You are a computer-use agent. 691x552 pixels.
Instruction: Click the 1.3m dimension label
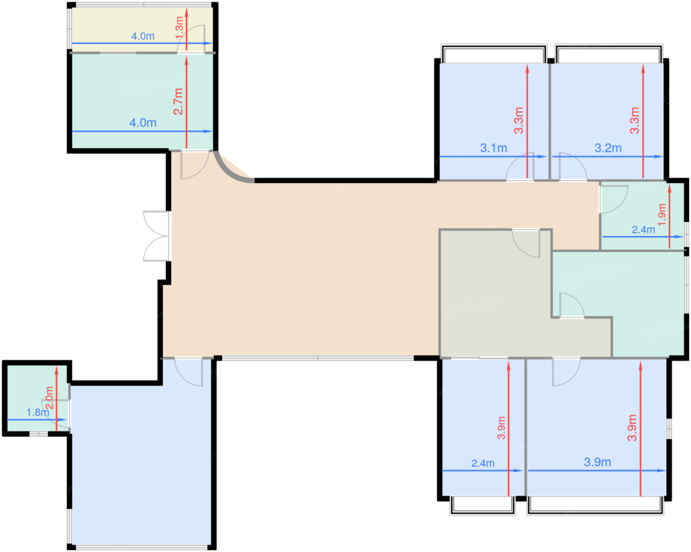pyautogui.click(x=179, y=28)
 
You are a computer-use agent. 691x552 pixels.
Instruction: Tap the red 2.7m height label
pyautogui.click(x=178, y=102)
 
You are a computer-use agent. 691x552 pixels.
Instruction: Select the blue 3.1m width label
pyautogui.click(x=494, y=148)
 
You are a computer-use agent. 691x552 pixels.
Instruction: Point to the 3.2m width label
pyautogui.click(x=608, y=148)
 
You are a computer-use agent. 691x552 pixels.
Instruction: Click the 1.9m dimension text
pyautogui.click(x=662, y=215)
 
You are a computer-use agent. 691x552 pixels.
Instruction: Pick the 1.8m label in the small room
pyautogui.click(x=38, y=412)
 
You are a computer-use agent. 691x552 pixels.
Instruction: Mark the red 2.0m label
pyautogui.click(x=49, y=398)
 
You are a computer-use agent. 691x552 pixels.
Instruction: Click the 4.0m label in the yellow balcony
pyautogui.click(x=143, y=37)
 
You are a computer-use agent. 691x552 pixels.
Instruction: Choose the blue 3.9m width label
pyautogui.click(x=597, y=462)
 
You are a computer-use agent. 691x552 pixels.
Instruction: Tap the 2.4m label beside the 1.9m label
pyautogui.click(x=644, y=229)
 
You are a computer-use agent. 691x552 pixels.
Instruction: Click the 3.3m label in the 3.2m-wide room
pyautogui.click(x=635, y=120)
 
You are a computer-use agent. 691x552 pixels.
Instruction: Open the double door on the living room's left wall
pyautogui.click(x=156, y=236)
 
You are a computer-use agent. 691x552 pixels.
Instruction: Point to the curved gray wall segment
pyautogui.click(x=229, y=172)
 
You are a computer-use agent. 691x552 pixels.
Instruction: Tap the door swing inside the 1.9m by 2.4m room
pyautogui.click(x=614, y=199)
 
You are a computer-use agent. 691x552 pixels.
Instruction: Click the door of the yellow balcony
pyautogui.click(x=191, y=39)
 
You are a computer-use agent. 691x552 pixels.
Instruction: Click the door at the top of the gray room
pyautogui.click(x=526, y=243)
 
